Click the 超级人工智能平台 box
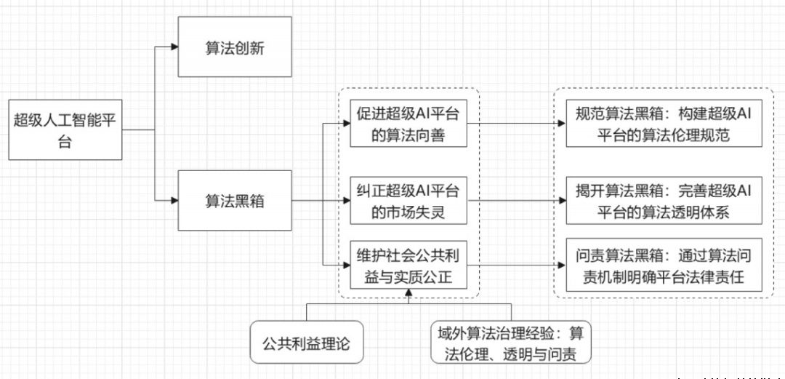pyautogui.click(x=65, y=129)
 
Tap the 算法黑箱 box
pyautogui.click(x=234, y=201)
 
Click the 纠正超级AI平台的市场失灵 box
pyautogui.click(x=407, y=202)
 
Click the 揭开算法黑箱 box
pyautogui.click(x=664, y=202)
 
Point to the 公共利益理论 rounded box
pyautogui.click(x=305, y=340)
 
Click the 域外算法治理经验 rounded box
pyautogui.click(x=509, y=343)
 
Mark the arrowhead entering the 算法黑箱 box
pyautogui.click(x=174, y=201)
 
